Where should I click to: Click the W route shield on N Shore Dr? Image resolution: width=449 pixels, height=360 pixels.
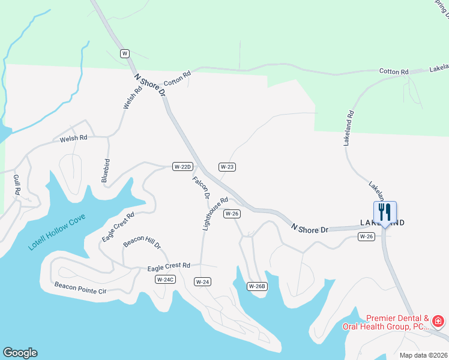coord(125,53)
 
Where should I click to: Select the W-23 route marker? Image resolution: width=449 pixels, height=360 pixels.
coord(226,167)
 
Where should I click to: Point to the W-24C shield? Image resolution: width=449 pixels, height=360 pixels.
coord(164,280)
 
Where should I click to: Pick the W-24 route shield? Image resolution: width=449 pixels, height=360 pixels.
coord(202,281)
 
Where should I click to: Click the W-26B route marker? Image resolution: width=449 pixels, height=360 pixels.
coord(257,286)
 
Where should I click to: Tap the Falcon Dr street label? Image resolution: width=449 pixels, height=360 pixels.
coord(201,187)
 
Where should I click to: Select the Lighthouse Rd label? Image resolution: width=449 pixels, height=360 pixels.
coord(215,214)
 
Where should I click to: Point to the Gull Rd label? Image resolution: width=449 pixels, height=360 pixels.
coord(17,184)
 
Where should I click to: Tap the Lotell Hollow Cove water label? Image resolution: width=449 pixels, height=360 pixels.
coord(58,232)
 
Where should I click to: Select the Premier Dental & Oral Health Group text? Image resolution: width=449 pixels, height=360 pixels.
coord(385,323)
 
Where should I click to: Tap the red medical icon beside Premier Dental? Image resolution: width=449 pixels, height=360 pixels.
coord(438,322)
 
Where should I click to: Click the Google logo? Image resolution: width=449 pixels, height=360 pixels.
coord(20,353)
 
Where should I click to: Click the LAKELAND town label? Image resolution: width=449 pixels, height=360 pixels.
coord(382,223)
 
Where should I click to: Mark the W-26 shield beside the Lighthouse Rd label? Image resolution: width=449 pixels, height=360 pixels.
coord(232,214)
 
